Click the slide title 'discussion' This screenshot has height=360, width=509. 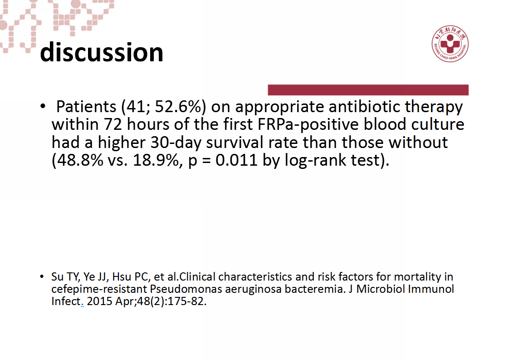(x=102, y=52)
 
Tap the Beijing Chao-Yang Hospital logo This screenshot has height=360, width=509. (x=450, y=44)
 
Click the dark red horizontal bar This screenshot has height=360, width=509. (x=368, y=90)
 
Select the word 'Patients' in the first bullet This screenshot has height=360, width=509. (x=86, y=107)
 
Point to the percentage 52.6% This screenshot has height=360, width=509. (x=178, y=107)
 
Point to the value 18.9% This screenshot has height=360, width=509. (x=156, y=160)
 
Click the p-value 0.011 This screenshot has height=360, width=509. (x=236, y=160)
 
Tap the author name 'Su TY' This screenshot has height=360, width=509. (x=65, y=277)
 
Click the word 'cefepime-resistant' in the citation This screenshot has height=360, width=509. (x=99, y=289)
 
